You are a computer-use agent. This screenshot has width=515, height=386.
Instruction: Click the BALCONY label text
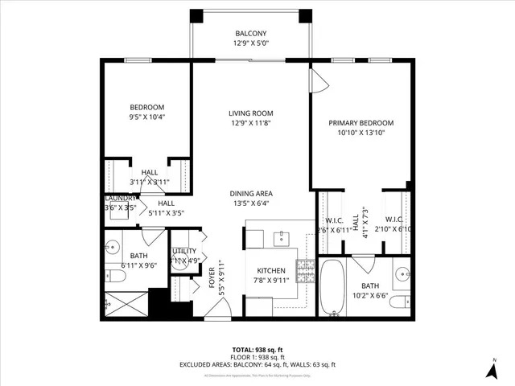point(250,33)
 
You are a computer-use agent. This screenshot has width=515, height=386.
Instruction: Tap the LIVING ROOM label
point(250,113)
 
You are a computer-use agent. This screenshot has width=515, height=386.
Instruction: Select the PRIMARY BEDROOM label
point(361,123)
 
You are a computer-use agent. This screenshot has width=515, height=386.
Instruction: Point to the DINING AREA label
point(250,193)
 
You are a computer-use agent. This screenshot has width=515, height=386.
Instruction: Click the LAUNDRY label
point(121,199)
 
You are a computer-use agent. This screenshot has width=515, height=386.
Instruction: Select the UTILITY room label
point(184,252)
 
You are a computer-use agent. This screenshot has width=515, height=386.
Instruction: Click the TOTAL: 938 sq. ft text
point(257,350)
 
